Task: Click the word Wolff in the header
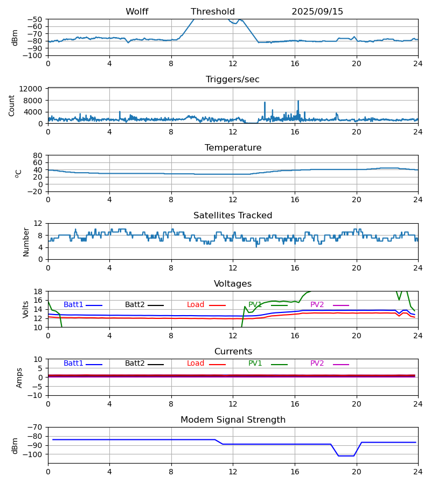[x=137, y=12]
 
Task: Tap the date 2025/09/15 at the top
[x=317, y=12]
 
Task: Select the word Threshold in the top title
[x=213, y=12]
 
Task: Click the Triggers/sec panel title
[x=233, y=80]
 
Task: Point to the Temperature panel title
[x=233, y=148]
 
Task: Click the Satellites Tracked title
[x=233, y=216]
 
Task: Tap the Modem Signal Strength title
[x=233, y=420]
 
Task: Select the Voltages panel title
[x=233, y=284]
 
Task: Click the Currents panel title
[x=233, y=352]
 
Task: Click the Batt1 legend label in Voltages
[x=73, y=305]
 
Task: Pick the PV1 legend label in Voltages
[x=255, y=305]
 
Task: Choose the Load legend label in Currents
[x=196, y=364]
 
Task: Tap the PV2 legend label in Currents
[x=317, y=364]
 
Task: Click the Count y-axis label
[x=12, y=105]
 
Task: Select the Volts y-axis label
[x=26, y=309]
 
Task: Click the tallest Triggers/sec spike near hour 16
[x=298, y=101]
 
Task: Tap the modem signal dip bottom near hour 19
[x=346, y=456]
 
